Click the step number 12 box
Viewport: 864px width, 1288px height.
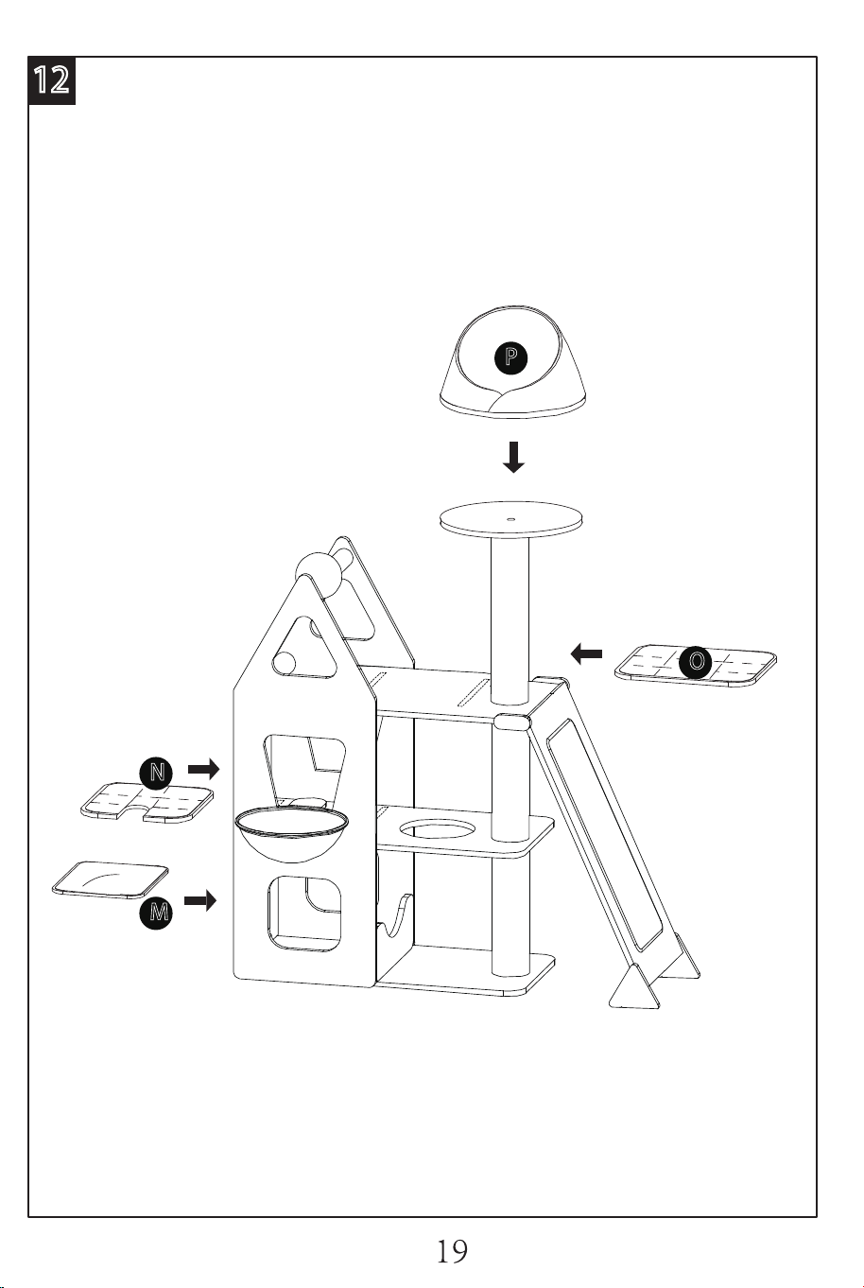pos(52,81)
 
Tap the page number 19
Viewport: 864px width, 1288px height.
pos(453,1251)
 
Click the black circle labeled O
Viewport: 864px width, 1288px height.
pos(696,661)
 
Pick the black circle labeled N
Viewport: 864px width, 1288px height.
pos(156,773)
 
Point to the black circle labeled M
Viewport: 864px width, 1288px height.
pos(156,912)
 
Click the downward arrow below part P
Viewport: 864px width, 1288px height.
pos(512,457)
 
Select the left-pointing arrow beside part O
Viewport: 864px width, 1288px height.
pos(586,653)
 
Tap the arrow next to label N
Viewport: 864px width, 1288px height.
pos(204,768)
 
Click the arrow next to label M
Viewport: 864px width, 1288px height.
pos(200,900)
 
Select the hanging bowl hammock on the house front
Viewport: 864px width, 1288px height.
pos(291,833)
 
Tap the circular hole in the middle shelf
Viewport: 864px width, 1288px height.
pos(438,831)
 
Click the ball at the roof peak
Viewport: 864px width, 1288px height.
pos(320,575)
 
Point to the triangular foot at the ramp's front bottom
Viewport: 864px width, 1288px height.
pos(633,985)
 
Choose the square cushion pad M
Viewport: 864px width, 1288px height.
pos(111,879)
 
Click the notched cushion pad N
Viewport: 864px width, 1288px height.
pos(147,802)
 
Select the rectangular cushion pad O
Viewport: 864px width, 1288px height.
pos(696,666)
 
